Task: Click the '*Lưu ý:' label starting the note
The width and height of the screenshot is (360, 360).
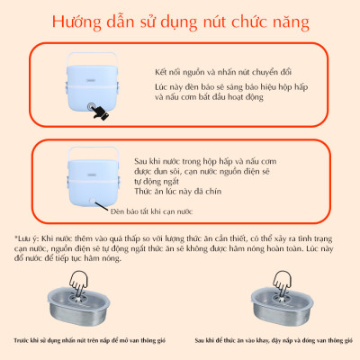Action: (26, 237)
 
